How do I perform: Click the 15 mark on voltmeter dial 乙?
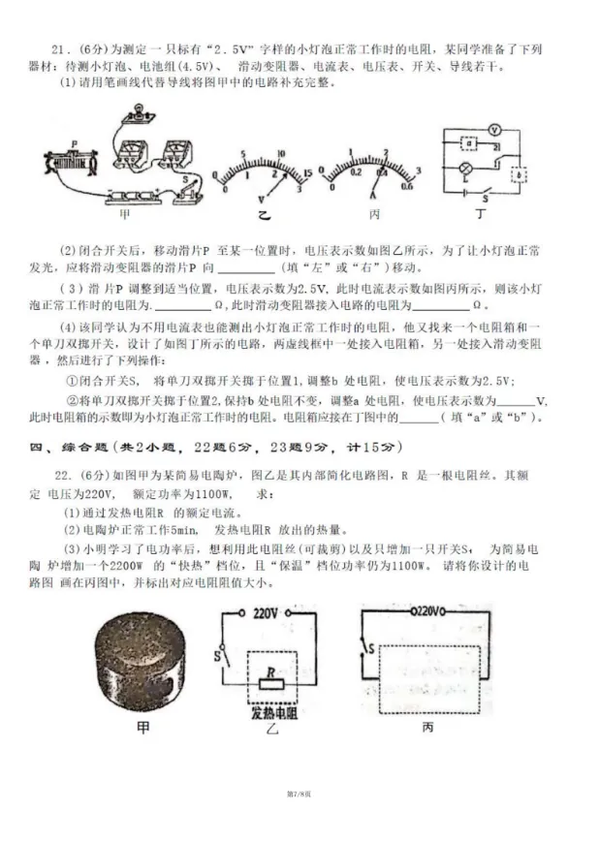[307, 171]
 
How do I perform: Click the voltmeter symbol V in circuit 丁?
[494, 128]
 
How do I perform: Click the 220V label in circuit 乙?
[266, 613]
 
